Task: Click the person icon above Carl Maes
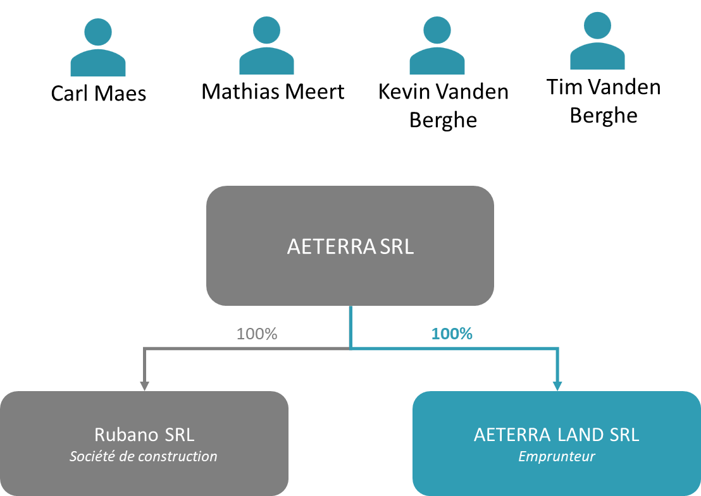tap(98, 47)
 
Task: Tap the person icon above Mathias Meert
tap(266, 45)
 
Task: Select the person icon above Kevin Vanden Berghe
tap(437, 45)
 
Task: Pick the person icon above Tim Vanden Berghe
tap(597, 40)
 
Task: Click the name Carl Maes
tap(99, 94)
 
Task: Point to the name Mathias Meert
tap(273, 92)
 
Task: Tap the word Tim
tap(564, 87)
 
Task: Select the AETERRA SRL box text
tap(350, 246)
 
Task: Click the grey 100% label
tap(257, 334)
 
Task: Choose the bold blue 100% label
tap(452, 334)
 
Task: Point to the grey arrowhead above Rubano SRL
tap(144, 386)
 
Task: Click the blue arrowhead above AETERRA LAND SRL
tap(557, 386)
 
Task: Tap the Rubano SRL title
tap(144, 435)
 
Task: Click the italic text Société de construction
tap(144, 456)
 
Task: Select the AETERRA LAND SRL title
tap(557, 435)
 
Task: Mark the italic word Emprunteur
tap(557, 457)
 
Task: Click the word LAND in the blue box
tap(578, 435)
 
